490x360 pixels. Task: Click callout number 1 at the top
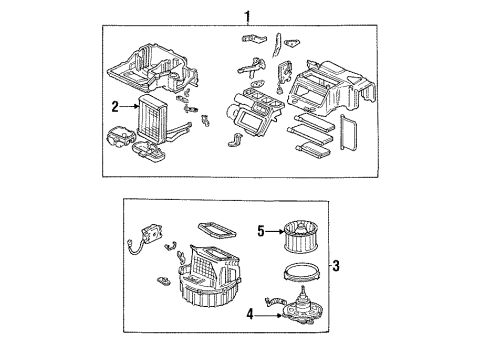pyautogui.click(x=247, y=16)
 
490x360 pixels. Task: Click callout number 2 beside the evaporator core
pyautogui.click(x=115, y=107)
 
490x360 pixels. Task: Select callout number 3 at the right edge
pyautogui.click(x=336, y=266)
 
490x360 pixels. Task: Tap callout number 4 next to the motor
pyautogui.click(x=250, y=314)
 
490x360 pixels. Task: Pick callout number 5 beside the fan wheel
pyautogui.click(x=261, y=231)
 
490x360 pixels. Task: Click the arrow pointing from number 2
pyautogui.click(x=129, y=107)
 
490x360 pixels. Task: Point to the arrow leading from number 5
pyautogui.click(x=274, y=231)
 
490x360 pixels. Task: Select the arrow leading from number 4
pyautogui.click(x=269, y=314)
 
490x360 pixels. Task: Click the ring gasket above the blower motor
pyautogui.click(x=302, y=271)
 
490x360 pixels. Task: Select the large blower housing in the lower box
pyautogui.click(x=208, y=275)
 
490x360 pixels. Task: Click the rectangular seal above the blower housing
pyautogui.click(x=217, y=230)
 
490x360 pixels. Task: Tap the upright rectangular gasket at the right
pyautogui.click(x=348, y=132)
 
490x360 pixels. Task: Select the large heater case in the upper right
pyautogui.click(x=333, y=88)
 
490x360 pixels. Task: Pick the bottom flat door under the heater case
pyautogui.click(x=314, y=149)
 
